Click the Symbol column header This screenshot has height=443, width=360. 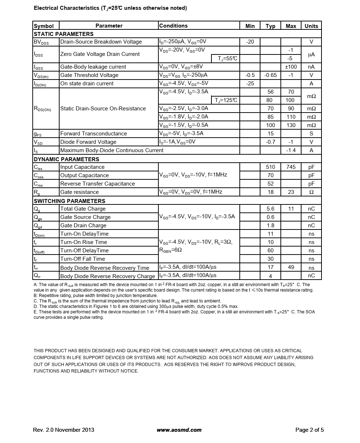44,26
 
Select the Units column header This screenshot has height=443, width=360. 311,26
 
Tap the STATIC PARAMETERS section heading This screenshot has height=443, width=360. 64,34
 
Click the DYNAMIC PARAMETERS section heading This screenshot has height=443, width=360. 66,159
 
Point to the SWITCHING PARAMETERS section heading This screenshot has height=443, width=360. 69,201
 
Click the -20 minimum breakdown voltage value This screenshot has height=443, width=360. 250,42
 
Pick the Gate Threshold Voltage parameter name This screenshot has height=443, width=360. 89,75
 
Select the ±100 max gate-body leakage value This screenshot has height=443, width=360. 291,67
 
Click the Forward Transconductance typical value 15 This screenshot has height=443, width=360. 271,134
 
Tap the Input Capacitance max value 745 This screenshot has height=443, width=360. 291,167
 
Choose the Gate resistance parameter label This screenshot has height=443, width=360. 80,192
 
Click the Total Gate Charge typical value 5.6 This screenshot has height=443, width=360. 271,209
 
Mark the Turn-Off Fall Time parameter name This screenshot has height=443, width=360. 82,259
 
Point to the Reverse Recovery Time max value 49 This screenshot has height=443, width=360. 291,268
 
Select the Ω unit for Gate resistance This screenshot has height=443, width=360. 311,192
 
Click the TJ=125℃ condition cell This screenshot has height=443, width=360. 226,100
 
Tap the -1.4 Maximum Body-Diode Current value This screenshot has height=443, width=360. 291,150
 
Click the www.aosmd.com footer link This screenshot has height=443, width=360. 179,430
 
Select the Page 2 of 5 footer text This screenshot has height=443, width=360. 310,430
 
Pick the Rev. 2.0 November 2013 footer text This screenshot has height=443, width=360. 64,430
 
